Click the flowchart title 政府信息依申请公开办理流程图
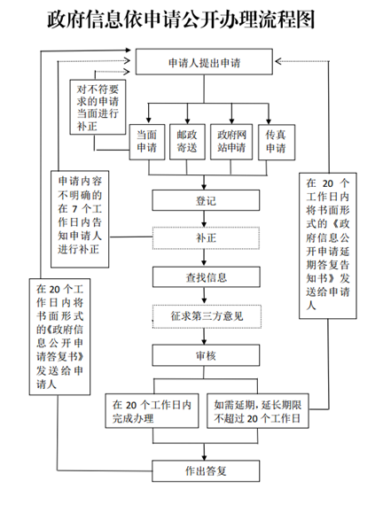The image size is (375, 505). (x=181, y=19)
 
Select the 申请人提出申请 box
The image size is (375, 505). (x=204, y=62)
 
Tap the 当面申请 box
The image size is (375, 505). (x=147, y=142)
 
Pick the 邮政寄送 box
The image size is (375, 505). (x=187, y=142)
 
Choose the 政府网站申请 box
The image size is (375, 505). (x=231, y=142)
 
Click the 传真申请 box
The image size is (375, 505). (x=277, y=142)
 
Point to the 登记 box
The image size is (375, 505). (x=206, y=200)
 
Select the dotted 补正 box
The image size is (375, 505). (x=206, y=238)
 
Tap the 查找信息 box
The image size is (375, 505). (x=207, y=277)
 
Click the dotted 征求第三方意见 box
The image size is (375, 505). (x=207, y=316)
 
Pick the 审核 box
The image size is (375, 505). (x=206, y=355)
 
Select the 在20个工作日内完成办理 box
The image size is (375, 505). (x=152, y=411)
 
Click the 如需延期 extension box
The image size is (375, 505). (x=258, y=411)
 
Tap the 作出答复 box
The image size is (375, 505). (x=206, y=470)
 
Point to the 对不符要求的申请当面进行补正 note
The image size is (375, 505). (x=98, y=107)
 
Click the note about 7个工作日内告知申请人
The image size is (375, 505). (x=80, y=219)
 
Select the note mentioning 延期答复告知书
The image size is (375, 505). (x=328, y=245)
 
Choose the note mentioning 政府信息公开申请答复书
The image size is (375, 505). (x=59, y=337)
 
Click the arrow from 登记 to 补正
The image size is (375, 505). (x=204, y=219)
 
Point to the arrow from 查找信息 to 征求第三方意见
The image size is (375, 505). (x=204, y=296)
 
